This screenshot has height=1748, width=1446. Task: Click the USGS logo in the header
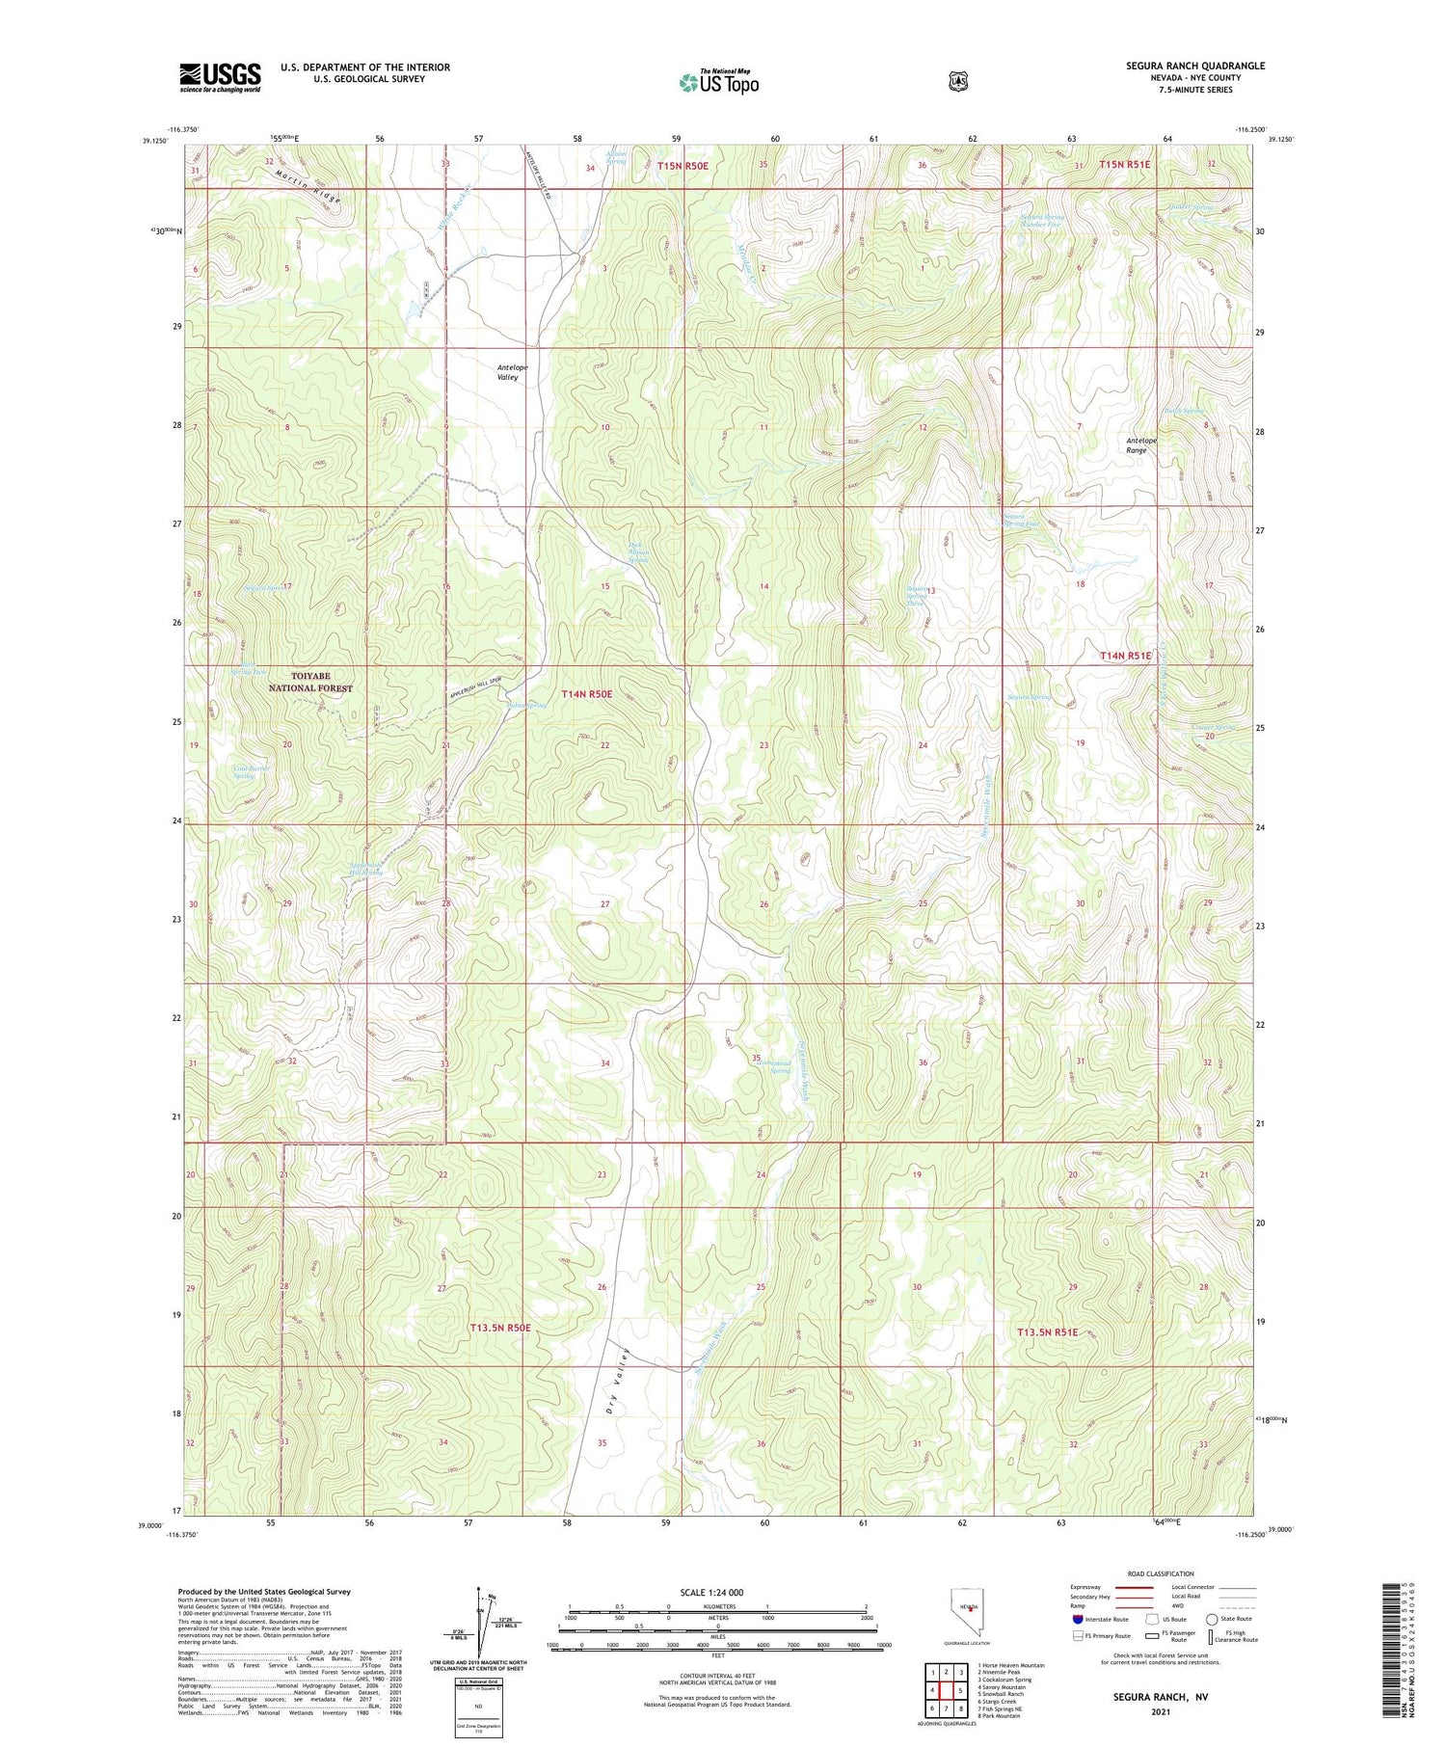(x=220, y=77)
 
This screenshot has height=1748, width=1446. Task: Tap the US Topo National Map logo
(x=718, y=82)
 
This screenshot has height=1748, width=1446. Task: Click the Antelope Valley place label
(x=512, y=372)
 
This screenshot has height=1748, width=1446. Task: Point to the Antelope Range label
(x=1141, y=445)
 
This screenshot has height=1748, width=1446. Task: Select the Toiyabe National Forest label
(x=309, y=683)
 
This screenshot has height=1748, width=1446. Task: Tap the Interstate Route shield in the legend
(x=1077, y=1619)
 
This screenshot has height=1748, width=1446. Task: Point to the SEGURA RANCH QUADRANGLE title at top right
(x=1181, y=66)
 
